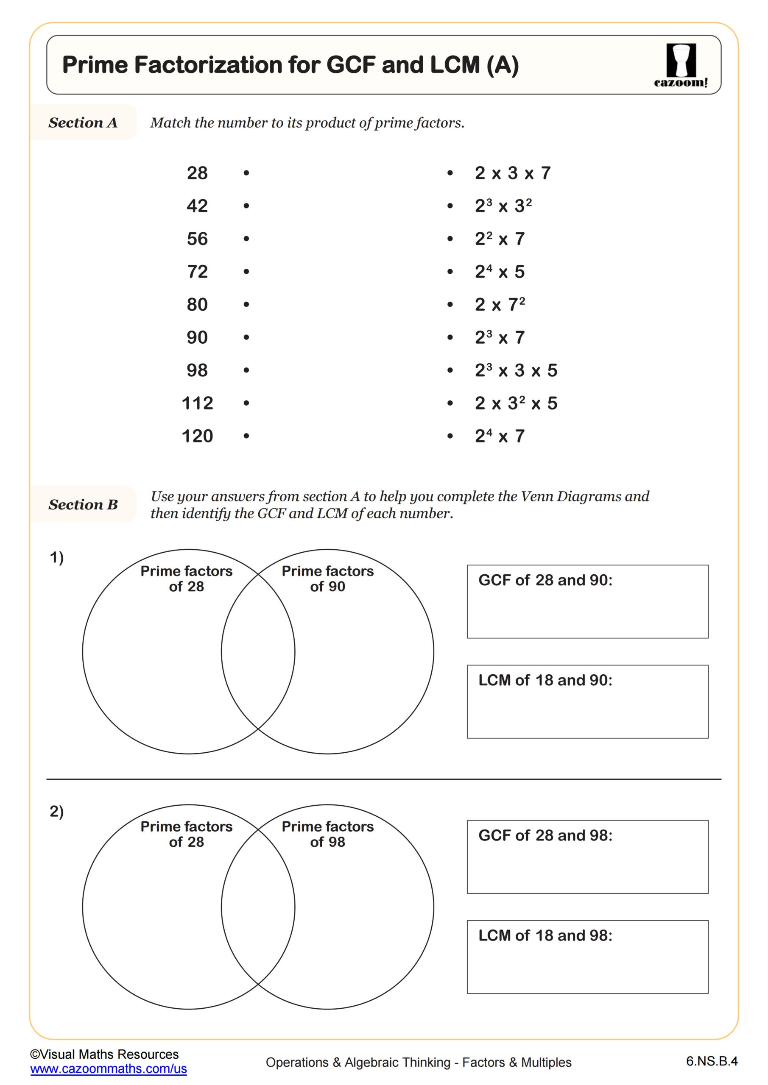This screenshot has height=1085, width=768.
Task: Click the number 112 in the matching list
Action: pos(197,403)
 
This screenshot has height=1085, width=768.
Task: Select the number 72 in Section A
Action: pos(197,272)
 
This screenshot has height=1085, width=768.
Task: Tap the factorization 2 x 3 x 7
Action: pos(513,173)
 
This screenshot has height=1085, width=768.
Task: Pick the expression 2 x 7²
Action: pos(500,304)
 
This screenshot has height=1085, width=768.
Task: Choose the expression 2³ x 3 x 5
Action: pos(516,370)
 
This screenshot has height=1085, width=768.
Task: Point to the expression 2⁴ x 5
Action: pos(500,272)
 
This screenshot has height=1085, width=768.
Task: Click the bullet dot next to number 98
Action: pos(246,370)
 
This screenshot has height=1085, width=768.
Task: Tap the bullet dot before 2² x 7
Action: pos(450,239)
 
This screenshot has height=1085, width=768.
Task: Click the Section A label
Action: pos(83,123)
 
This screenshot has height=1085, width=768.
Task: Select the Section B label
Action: pos(83,505)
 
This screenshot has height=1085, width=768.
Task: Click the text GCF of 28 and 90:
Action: pos(545,580)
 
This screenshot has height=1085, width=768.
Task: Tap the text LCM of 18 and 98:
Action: pos(545,935)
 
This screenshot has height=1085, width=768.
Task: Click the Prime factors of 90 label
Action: pos(327,579)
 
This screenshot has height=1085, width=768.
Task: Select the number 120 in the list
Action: pos(197,436)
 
